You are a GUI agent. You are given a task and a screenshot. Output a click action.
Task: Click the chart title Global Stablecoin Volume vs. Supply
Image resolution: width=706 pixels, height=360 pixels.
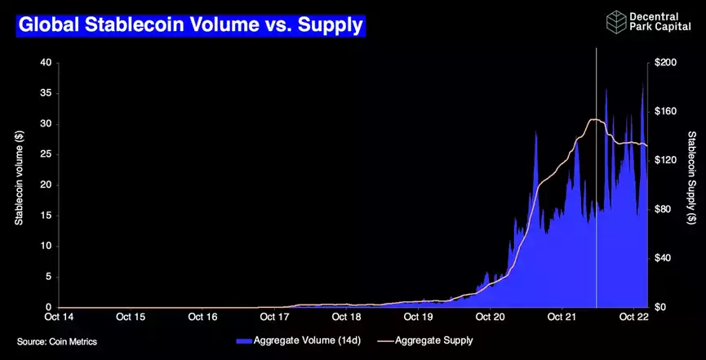pyautogui.click(x=190, y=25)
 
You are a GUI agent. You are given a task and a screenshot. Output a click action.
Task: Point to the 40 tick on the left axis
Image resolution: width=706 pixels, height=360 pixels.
pyautogui.click(x=46, y=63)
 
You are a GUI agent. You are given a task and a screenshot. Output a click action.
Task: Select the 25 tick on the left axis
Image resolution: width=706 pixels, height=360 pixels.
pyautogui.click(x=46, y=154)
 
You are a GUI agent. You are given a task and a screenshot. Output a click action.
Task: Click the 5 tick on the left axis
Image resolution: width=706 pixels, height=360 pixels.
pyautogui.click(x=48, y=277)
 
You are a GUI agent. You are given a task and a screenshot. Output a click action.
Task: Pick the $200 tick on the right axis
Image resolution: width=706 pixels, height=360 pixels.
pyautogui.click(x=666, y=63)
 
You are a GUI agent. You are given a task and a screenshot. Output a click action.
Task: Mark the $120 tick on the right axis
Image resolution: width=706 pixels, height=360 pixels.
pyautogui.click(x=666, y=161)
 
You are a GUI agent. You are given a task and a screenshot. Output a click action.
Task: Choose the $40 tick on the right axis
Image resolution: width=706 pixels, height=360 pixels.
pyautogui.click(x=664, y=259)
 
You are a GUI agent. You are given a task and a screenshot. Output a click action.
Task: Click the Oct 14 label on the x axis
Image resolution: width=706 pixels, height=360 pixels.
pyautogui.click(x=59, y=317)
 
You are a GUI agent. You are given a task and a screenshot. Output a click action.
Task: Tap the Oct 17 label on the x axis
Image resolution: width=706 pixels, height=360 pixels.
pyautogui.click(x=274, y=317)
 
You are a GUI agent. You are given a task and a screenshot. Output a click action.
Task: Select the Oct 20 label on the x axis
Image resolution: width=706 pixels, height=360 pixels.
pyautogui.click(x=491, y=317)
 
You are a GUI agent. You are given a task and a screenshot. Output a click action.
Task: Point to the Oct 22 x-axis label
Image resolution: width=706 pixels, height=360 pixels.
pyautogui.click(x=634, y=317)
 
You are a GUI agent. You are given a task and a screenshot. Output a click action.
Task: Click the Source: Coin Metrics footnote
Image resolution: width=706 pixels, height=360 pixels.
pyautogui.click(x=57, y=341)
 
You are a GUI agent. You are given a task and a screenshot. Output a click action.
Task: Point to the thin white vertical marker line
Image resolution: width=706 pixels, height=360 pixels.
pyautogui.click(x=597, y=204)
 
